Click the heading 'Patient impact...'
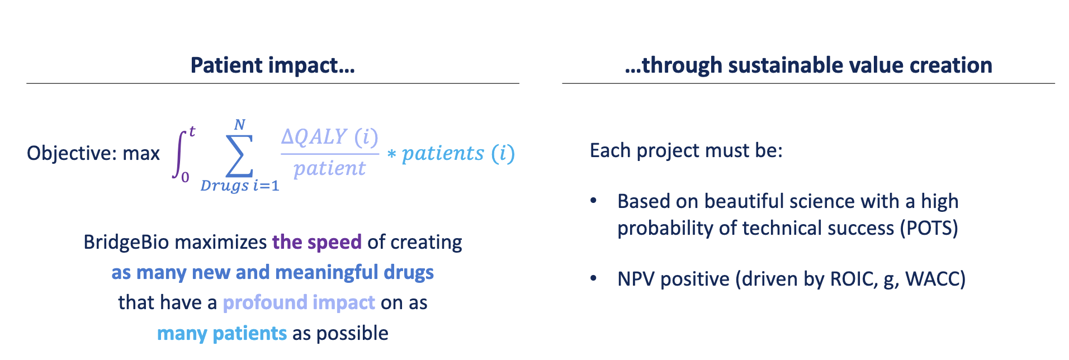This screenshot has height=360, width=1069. click(272, 65)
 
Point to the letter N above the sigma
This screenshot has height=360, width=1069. click(240, 125)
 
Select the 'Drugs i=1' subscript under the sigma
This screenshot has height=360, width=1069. click(240, 186)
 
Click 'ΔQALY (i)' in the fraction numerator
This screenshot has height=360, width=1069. click(330, 136)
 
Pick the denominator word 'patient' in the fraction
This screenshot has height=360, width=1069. click(330, 168)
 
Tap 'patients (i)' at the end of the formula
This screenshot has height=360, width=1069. click(458, 153)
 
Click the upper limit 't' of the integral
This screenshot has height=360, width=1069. click(192, 132)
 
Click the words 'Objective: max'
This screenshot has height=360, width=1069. click(93, 153)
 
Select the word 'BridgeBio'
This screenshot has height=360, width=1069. click(119, 242)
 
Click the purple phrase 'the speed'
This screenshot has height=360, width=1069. click(316, 242)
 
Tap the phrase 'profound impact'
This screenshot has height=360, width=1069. click(299, 302)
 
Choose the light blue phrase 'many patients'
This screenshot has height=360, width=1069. click(221, 333)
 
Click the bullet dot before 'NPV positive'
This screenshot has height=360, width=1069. click(594, 278)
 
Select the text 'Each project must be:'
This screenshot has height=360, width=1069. click(686, 150)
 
